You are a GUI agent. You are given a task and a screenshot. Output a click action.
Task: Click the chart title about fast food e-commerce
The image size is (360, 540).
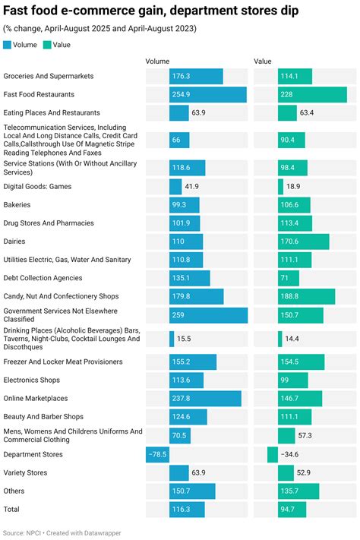(x=150, y=11)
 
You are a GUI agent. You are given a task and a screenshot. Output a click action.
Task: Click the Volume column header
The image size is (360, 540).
(x=157, y=62)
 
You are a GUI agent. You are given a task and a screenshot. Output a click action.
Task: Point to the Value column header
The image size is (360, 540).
(x=263, y=62)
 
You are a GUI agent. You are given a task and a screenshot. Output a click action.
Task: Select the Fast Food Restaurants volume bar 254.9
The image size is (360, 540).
(x=207, y=95)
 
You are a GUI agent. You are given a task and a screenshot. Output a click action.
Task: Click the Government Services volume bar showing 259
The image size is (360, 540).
(x=208, y=315)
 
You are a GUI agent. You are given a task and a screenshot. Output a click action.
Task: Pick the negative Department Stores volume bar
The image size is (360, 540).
(x=157, y=454)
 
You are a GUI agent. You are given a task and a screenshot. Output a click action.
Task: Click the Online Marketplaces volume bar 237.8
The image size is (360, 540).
(x=205, y=399)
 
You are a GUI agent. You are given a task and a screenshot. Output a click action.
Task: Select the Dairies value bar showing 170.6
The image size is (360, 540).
(x=303, y=242)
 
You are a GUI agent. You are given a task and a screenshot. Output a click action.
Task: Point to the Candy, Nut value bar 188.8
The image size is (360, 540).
(x=306, y=296)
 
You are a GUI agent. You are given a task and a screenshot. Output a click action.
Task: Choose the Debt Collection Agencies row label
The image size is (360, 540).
(x=43, y=278)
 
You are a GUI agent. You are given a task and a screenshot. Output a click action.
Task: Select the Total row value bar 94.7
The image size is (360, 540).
(x=292, y=510)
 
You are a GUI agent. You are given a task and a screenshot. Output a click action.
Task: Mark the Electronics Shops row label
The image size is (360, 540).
(x=31, y=381)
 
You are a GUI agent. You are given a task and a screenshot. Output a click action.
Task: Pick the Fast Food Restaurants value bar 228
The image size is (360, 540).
(x=312, y=95)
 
